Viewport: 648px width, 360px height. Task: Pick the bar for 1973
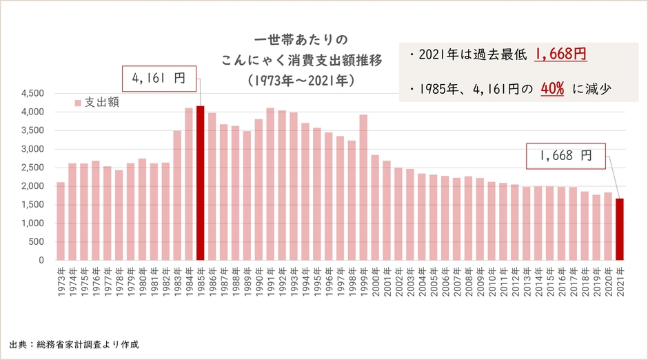61,221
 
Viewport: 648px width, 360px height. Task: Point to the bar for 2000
376,208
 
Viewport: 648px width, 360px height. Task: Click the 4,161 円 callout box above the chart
159,79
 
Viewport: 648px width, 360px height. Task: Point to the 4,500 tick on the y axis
32,94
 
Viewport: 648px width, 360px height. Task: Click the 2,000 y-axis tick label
32,186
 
